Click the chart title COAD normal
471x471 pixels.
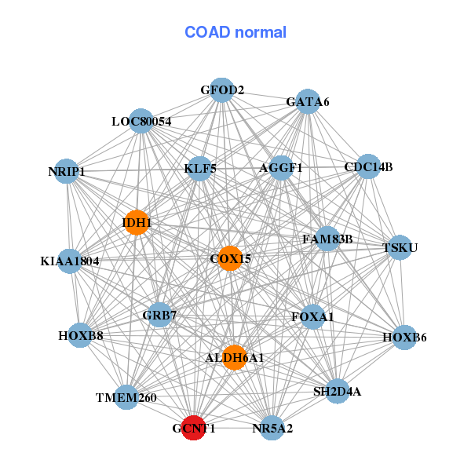click(235, 33)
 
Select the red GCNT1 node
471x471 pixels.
click(193, 429)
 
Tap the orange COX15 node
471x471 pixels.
click(229, 258)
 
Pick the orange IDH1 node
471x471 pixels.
click(137, 223)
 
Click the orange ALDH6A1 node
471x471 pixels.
click(234, 358)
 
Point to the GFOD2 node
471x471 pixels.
click(222, 90)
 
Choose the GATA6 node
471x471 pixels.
click(308, 102)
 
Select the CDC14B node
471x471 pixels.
click(368, 166)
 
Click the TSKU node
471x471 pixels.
click(400, 248)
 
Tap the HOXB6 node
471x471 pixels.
click(404, 338)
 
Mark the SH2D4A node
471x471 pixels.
click(337, 391)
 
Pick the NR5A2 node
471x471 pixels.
click(272, 428)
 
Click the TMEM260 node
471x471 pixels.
click(126, 398)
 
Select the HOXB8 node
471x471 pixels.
click(81, 336)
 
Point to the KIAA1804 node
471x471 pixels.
click(70, 261)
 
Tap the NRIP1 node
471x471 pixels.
click(67, 171)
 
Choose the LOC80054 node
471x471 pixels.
click(141, 121)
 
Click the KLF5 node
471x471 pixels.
click(200, 168)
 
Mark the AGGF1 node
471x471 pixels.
click(281, 168)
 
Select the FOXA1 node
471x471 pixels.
click(312, 317)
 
